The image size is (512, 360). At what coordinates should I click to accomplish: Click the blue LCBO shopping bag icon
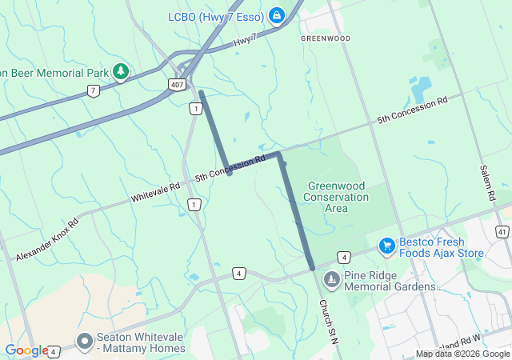pyautogui.click(x=276, y=15)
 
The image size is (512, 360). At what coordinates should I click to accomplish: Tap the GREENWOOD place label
pyautogui.click(x=325, y=38)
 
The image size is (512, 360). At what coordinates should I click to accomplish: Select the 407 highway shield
pyautogui.click(x=178, y=84)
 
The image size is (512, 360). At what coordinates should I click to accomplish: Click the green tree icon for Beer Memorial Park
pyautogui.click(x=120, y=73)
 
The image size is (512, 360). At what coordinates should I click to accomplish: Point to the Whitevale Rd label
pyautogui.click(x=157, y=190)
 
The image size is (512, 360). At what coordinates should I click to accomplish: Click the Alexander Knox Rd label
pyautogui.click(x=46, y=239)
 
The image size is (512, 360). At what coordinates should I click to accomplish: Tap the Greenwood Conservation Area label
pyautogui.click(x=337, y=197)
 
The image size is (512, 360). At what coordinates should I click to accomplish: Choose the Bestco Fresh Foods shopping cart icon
pyautogui.click(x=387, y=244)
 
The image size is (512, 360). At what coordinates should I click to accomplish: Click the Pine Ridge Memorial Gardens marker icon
pyautogui.click(x=331, y=280)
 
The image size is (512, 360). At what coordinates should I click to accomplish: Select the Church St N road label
pyautogui.click(x=329, y=317)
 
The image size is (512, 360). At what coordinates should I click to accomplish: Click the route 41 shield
pyautogui.click(x=502, y=231)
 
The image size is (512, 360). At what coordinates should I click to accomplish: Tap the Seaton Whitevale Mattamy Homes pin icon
pyautogui.click(x=85, y=342)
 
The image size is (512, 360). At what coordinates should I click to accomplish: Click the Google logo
pyautogui.click(x=26, y=350)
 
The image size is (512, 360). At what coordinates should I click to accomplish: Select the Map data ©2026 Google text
pyautogui.click(x=462, y=354)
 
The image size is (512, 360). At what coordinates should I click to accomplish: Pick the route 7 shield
pyautogui.click(x=94, y=90)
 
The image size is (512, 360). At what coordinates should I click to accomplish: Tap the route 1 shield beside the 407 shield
pyautogui.click(x=194, y=108)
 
